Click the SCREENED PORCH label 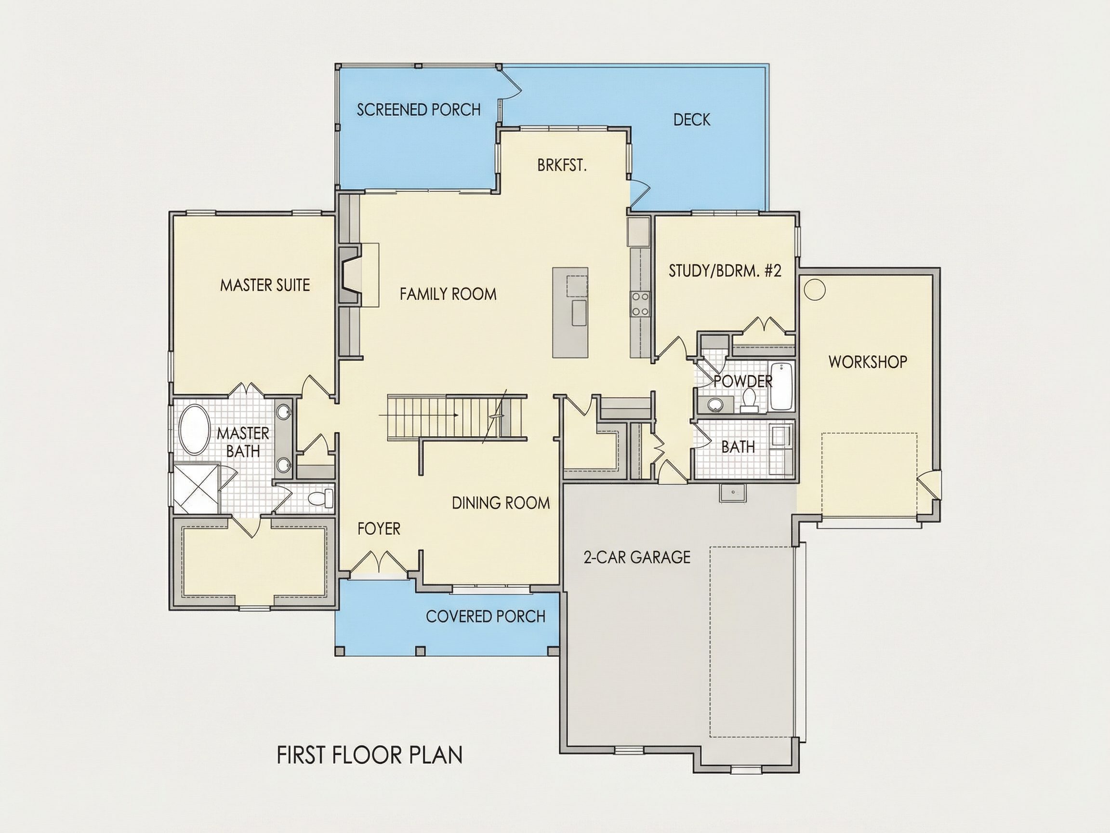tap(419, 109)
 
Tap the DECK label tap(691, 120)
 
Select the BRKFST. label tap(562, 165)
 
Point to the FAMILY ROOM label tap(448, 294)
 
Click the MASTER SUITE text tap(265, 285)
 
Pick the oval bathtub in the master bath tap(195, 430)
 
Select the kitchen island tap(570, 312)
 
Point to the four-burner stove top tap(640, 304)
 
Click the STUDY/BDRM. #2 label tap(725, 271)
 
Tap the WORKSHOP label tap(868, 362)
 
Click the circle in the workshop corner tap(815, 290)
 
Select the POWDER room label tap(743, 382)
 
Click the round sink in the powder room tap(715, 403)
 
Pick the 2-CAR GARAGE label tap(637, 557)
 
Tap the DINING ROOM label tap(501, 503)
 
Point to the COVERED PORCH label tap(486, 616)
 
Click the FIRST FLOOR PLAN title tap(370, 755)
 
